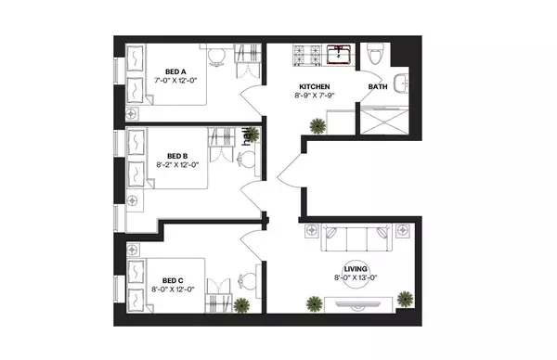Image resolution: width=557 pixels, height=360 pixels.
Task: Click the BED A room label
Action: (x=177, y=71)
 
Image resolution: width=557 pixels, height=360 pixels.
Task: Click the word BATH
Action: (x=378, y=87)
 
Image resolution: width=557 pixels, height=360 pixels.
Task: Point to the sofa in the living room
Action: (x=356, y=240)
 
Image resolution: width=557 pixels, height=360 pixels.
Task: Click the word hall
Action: (x=247, y=136)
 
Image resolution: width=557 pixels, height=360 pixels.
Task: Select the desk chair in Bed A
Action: (x=215, y=58)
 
